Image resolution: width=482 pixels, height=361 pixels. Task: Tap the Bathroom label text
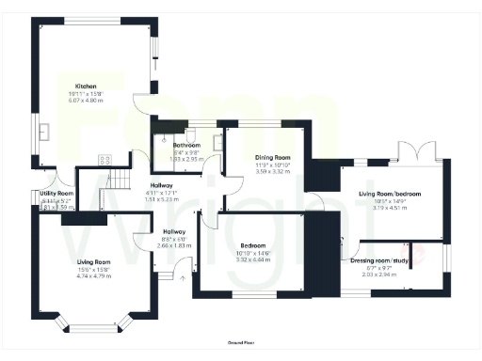[187, 146]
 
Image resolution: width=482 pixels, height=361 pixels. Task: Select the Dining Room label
[273, 157]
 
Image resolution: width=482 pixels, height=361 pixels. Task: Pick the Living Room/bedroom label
[389, 194]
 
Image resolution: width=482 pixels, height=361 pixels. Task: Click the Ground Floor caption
[241, 344]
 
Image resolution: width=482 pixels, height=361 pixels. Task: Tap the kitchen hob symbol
[105, 159]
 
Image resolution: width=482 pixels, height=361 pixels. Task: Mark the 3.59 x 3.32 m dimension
[273, 172]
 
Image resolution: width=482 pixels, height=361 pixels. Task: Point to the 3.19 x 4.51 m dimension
[389, 209]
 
